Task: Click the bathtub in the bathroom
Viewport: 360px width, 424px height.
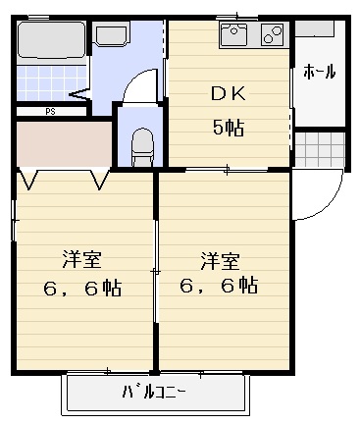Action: click(x=51, y=42)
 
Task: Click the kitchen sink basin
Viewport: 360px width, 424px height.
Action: click(x=235, y=36)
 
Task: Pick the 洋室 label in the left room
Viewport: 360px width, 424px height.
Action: click(x=82, y=260)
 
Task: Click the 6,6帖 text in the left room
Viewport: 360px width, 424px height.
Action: click(x=83, y=290)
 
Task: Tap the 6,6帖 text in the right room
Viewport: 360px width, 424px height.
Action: click(x=220, y=287)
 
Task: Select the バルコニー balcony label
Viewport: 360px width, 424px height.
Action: click(x=154, y=393)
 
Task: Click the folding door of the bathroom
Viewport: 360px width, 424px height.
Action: click(x=81, y=93)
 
